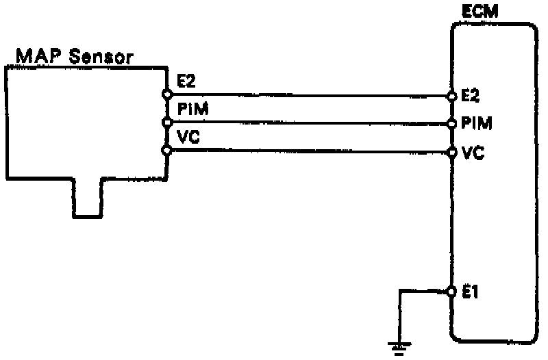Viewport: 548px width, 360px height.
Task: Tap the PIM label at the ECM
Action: (x=474, y=124)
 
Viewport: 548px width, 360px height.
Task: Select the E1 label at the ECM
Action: (x=471, y=293)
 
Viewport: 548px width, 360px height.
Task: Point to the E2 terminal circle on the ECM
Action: (x=452, y=95)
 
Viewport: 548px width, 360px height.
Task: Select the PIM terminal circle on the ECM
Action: (x=452, y=124)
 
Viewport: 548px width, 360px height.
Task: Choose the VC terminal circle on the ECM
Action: (x=452, y=152)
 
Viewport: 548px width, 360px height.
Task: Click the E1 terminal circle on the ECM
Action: (x=452, y=292)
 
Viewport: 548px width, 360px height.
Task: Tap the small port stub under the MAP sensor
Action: (x=87, y=200)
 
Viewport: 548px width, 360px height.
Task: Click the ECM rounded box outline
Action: (x=532, y=205)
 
